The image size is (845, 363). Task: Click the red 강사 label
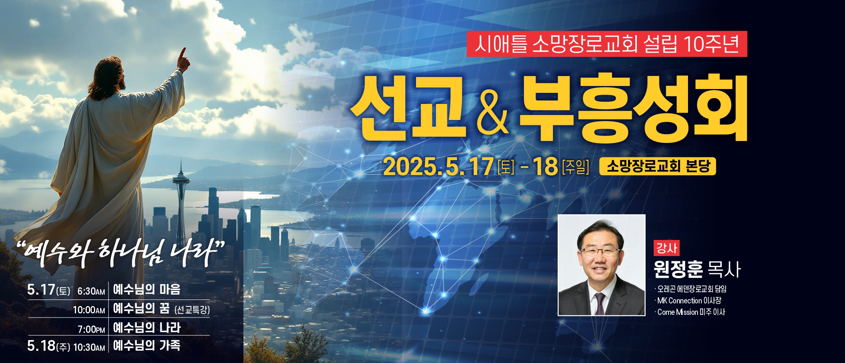point(667,248)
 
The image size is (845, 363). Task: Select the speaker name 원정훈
point(678,269)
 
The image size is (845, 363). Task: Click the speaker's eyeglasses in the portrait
point(600,251)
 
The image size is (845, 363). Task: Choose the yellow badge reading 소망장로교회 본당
point(657,167)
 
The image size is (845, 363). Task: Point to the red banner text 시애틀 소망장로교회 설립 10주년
point(607,44)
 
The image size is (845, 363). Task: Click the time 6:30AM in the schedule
point(91,291)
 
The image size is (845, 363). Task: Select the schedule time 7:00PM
point(91,329)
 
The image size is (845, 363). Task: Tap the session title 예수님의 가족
point(147,345)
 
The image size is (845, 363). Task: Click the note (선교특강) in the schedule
point(192,309)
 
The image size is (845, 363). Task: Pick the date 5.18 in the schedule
point(41,346)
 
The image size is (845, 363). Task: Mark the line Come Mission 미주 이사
point(691,312)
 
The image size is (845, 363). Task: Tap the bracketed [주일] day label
point(576,167)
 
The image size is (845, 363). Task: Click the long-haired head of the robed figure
point(108,78)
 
